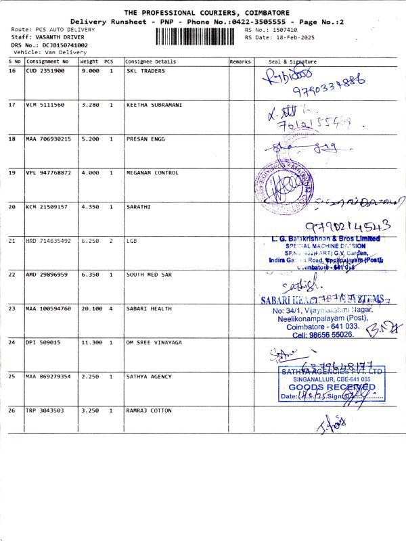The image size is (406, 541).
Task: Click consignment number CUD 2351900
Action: coord(45,70)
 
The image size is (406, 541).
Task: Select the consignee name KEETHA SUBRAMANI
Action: coord(154,105)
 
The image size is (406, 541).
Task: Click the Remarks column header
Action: coord(240,62)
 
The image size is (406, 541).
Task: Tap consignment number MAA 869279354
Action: coord(49,376)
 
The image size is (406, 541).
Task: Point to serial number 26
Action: coord(12,410)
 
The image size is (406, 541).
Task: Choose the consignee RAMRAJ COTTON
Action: coord(148,410)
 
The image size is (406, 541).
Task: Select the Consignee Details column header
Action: coord(151,62)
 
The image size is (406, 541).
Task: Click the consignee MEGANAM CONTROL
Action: coord(152,172)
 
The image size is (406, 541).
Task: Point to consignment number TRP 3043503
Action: coord(45,410)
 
